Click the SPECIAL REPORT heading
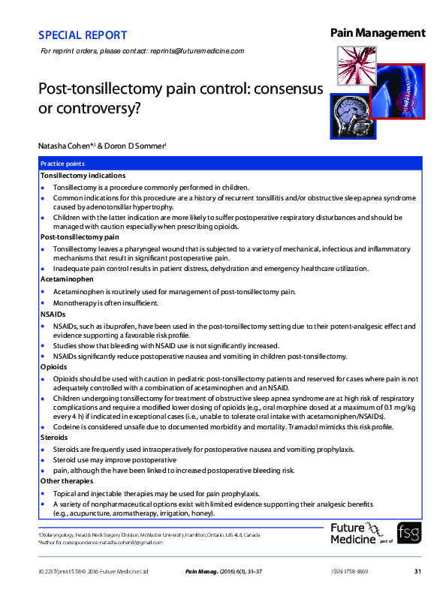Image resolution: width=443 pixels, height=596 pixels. (82, 35)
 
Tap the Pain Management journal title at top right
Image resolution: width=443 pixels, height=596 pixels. (378, 33)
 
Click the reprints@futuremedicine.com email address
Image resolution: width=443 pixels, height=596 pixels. (196, 51)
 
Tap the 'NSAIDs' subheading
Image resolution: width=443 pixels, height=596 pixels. (53, 315)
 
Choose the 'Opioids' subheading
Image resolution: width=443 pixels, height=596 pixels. (53, 367)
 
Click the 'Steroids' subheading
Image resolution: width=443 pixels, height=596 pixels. (55, 437)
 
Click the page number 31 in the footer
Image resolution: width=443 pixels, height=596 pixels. (417, 572)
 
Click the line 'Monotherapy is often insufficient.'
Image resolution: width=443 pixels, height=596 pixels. (105, 303)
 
